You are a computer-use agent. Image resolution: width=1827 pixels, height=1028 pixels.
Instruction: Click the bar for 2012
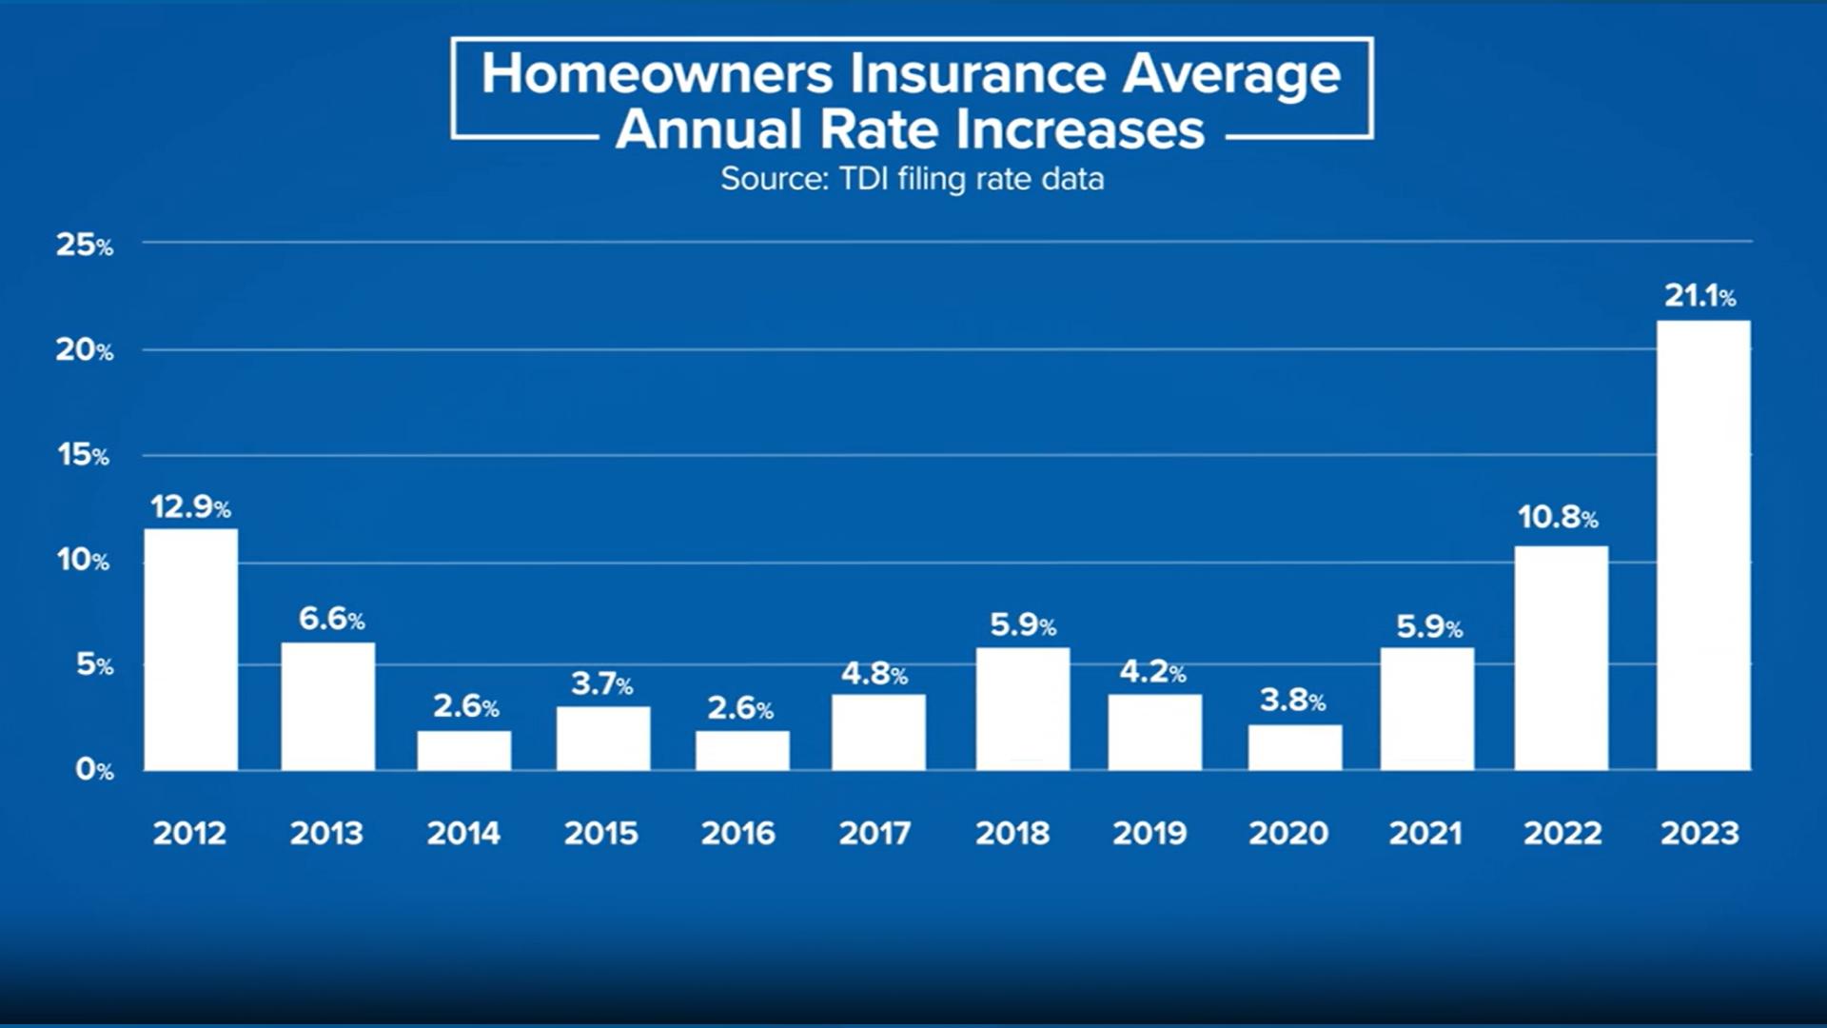click(x=190, y=649)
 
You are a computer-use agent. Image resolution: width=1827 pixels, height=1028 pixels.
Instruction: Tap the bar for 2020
click(x=1295, y=747)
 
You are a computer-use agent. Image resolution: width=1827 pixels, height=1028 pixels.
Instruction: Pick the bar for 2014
click(x=463, y=750)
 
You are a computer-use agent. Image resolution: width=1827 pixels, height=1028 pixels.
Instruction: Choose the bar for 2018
click(x=1022, y=709)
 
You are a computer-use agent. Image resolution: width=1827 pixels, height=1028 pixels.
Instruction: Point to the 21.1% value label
click(x=1699, y=296)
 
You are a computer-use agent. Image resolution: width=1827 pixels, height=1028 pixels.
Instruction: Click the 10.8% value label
click(x=1557, y=517)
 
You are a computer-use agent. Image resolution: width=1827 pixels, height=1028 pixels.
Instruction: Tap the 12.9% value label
click(x=190, y=506)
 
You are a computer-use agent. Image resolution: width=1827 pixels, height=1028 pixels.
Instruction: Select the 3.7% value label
click(x=601, y=683)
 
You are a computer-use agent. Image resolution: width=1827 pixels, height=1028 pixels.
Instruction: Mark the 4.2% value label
click(x=1152, y=672)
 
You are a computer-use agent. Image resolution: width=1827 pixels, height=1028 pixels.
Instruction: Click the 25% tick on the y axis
click(x=84, y=246)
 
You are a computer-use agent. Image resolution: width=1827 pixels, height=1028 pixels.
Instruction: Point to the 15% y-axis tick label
click(x=84, y=455)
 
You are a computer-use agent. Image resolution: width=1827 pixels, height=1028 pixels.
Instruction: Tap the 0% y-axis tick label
click(x=93, y=769)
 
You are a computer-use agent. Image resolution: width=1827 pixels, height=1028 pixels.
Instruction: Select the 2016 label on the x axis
click(x=738, y=834)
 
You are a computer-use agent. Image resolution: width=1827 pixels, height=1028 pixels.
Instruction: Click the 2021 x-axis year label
click(x=1424, y=834)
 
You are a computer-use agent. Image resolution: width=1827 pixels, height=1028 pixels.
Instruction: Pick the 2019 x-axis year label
click(x=1149, y=834)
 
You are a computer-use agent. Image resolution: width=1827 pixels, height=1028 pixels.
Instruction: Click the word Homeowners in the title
click(x=658, y=73)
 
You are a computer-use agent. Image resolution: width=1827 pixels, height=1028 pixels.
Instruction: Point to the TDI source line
click(x=912, y=179)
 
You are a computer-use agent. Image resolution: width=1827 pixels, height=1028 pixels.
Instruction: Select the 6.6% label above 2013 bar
click(x=331, y=619)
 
